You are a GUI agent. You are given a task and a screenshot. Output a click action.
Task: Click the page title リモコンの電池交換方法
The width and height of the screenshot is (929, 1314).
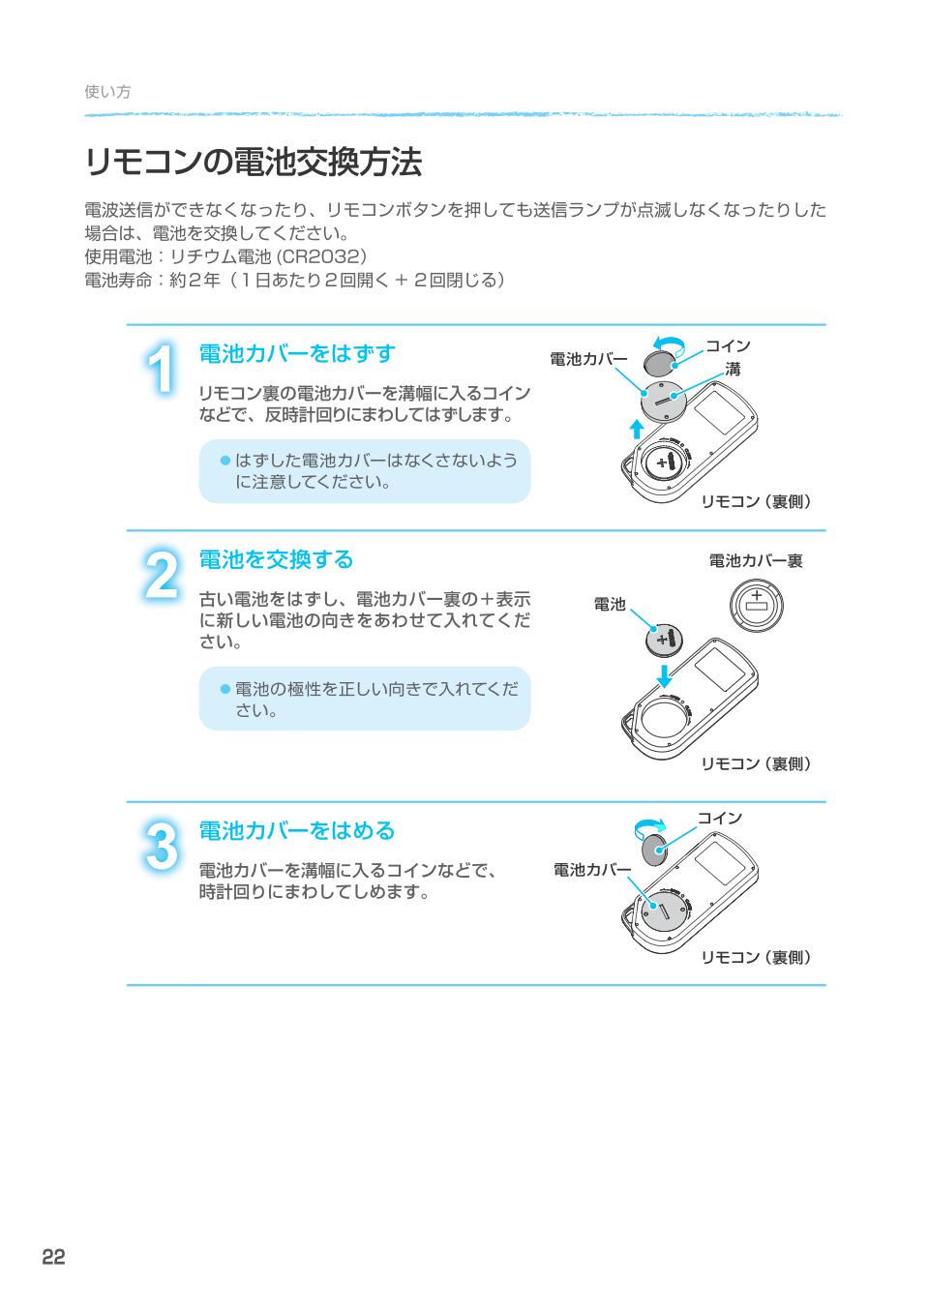(254, 163)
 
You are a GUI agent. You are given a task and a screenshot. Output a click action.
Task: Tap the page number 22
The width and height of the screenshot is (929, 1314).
(53, 1257)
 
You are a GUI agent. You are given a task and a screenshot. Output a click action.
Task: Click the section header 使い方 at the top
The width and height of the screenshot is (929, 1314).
(107, 92)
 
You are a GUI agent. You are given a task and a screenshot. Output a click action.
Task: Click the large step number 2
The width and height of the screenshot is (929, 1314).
(161, 576)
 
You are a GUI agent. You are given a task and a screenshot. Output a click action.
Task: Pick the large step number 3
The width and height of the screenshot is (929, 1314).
(161, 847)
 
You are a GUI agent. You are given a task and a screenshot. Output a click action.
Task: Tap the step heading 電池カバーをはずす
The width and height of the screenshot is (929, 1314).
(297, 353)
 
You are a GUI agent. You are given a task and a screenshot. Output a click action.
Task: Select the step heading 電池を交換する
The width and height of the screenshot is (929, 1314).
(276, 559)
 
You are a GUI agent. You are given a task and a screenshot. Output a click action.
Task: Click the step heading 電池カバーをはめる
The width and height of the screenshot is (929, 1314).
(297, 830)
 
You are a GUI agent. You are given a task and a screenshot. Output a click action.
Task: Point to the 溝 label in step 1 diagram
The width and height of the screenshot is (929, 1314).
(733, 369)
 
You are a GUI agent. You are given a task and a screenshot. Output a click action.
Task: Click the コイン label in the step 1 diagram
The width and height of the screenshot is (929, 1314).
(727, 345)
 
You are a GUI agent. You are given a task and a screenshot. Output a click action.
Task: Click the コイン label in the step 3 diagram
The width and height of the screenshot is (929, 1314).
(720, 818)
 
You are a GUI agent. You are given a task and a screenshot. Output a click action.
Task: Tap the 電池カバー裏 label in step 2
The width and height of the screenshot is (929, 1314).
(755, 561)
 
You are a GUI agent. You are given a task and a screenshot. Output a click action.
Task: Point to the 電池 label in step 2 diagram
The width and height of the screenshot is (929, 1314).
(610, 605)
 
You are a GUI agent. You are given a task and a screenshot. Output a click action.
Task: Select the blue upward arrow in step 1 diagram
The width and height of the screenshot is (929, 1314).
(636, 429)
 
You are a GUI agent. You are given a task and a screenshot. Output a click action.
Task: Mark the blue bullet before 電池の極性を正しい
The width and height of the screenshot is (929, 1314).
(225, 689)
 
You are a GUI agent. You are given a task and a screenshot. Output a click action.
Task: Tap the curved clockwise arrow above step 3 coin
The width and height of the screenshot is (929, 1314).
(649, 825)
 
